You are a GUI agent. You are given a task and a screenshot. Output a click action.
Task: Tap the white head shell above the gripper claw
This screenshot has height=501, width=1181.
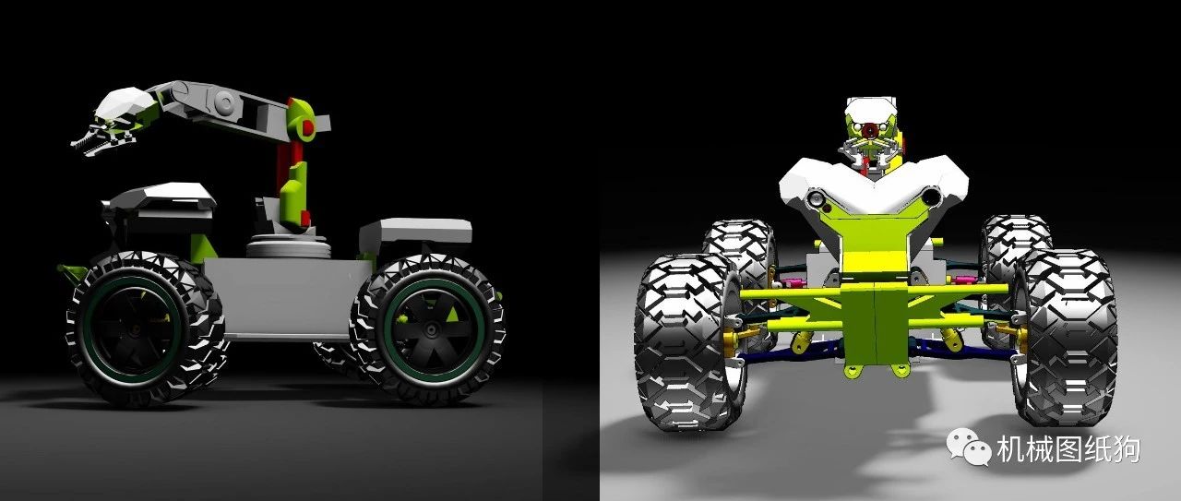pos(125,103)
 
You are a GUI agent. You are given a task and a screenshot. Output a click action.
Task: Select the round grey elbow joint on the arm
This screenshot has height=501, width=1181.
pos(224,101)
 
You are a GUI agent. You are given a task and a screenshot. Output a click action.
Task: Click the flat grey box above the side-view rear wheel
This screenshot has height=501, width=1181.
pos(416,231)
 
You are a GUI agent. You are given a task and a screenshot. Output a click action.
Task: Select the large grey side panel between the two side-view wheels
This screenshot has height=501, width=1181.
pos(287,298)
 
